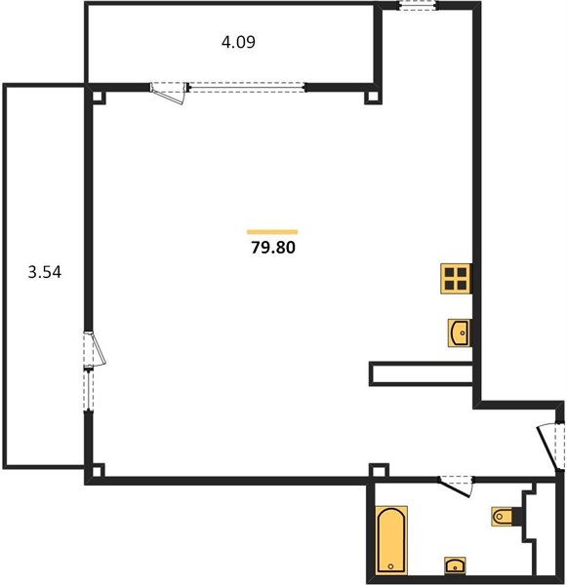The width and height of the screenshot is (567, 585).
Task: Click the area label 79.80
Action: [x=273, y=248]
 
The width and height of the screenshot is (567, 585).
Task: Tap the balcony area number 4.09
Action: [x=238, y=42]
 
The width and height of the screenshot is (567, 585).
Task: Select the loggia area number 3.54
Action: [x=45, y=272]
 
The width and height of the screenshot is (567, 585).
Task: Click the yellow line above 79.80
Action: [x=272, y=232]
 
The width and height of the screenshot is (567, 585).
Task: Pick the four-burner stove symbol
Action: [x=456, y=279]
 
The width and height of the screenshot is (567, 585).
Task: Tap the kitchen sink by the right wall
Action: [x=460, y=332]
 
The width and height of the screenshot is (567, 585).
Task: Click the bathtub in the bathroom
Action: [x=391, y=540]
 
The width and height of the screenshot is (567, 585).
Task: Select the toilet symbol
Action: [x=503, y=517]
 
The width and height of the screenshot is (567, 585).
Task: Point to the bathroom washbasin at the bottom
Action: [x=455, y=565]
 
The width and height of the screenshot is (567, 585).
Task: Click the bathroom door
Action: [x=456, y=487]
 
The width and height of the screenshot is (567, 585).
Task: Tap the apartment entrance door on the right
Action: [x=550, y=446]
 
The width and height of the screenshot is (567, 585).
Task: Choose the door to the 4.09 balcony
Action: [x=169, y=93]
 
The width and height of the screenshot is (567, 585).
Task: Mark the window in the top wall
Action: [x=418, y=5]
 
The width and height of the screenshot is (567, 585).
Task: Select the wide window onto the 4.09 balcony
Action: [x=247, y=88]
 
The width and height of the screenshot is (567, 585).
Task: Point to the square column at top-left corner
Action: [x=99, y=97]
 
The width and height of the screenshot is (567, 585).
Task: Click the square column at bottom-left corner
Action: [x=99, y=470]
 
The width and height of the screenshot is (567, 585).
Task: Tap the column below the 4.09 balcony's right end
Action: [x=373, y=97]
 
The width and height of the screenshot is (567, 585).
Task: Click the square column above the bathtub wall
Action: [x=379, y=470]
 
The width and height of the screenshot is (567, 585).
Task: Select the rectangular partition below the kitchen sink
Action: [x=421, y=373]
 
